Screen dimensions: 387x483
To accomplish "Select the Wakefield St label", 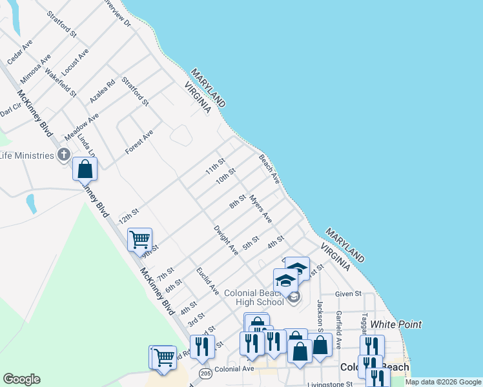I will (61, 81).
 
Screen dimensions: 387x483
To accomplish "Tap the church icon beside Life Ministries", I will (63, 154).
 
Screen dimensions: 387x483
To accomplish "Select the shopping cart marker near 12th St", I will (139, 239).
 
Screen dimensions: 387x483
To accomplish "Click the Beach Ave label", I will (269, 169).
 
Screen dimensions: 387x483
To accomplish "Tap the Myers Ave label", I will (261, 210).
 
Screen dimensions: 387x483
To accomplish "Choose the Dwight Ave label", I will (226, 239).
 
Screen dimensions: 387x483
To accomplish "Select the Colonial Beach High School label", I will (254, 297).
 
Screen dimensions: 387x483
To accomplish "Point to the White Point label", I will (396, 324).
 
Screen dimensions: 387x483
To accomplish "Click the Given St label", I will (347, 293).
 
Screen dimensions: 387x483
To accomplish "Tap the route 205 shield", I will (205, 373).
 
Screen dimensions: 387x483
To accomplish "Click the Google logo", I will (21, 379).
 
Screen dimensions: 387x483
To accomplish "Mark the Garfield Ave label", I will (337, 321).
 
